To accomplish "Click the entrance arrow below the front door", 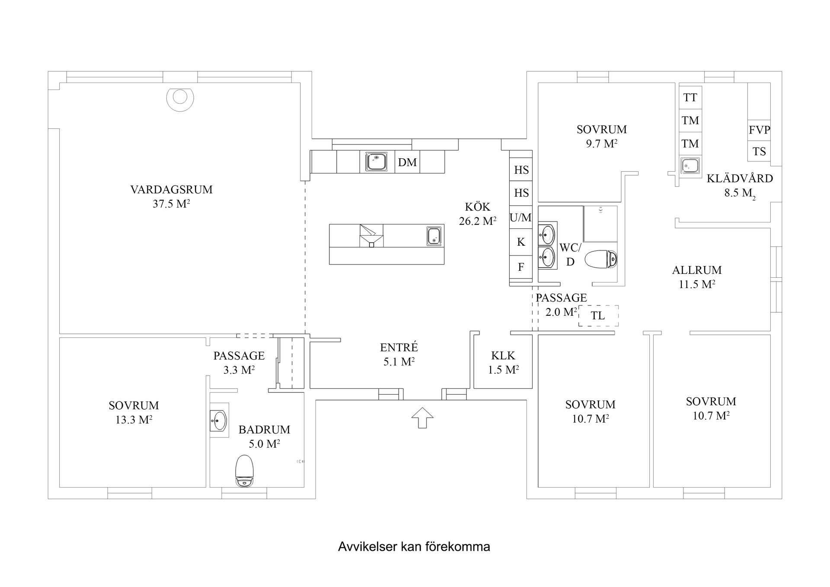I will tap(422, 418).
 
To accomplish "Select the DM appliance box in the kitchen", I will tap(408, 162).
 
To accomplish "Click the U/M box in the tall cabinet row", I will tap(520, 218).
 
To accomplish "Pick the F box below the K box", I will tap(520, 267).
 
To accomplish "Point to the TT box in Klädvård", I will tap(690, 98).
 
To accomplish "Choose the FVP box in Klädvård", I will tap(759, 130).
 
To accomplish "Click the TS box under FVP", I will tap(759, 151).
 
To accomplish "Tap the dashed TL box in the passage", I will tap(598, 316).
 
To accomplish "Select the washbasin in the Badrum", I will tap(219, 420).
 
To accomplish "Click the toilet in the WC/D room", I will tap(601, 259).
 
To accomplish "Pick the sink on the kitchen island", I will tap(434, 236).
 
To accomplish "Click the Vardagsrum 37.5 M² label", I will tap(171, 196).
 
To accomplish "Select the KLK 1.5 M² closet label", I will tap(503, 362).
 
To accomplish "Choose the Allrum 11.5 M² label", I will tap(696, 277).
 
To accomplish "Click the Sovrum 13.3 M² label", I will tap(134, 412).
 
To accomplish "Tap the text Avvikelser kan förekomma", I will tap(414, 547).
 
